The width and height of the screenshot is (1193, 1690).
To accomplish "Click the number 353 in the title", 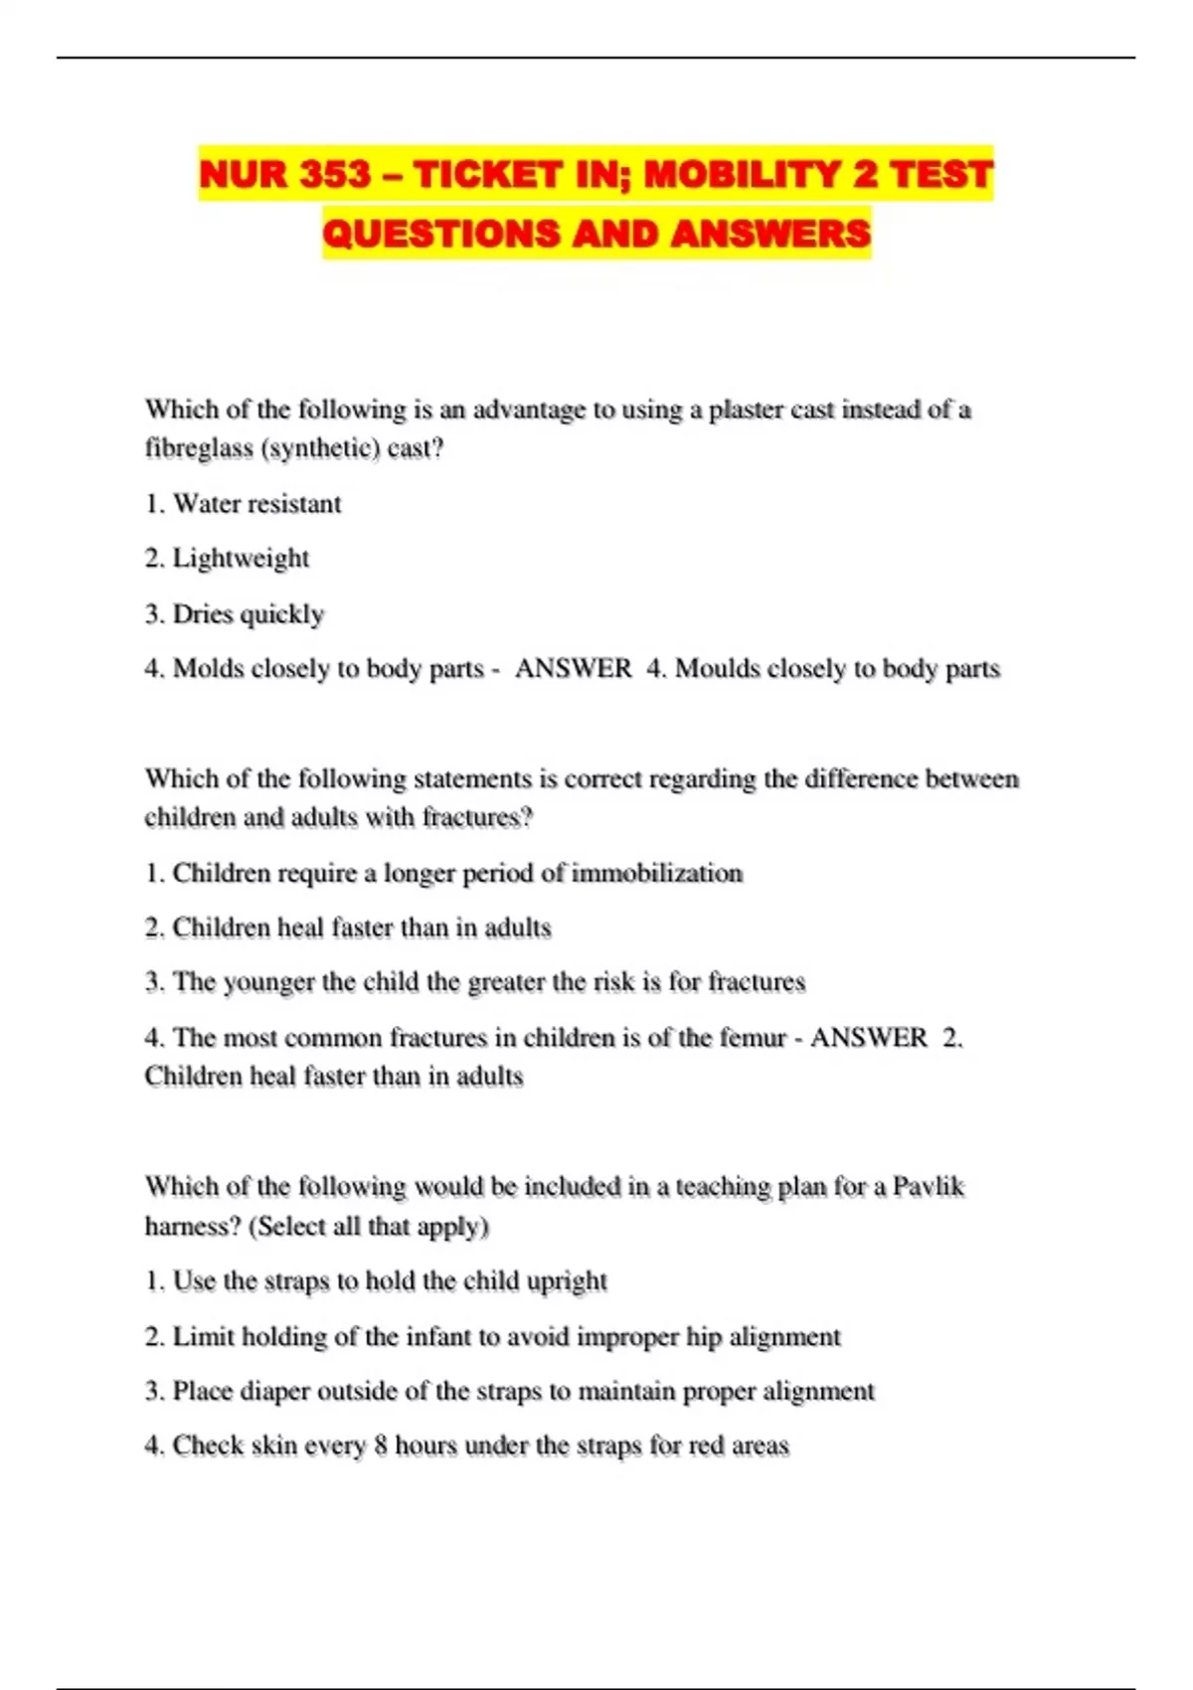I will click(x=335, y=174).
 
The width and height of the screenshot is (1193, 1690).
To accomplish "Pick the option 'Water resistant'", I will click(x=256, y=504).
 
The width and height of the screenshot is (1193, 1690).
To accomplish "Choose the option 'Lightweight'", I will click(x=241, y=559).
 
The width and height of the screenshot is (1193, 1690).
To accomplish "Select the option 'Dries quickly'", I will click(x=249, y=613).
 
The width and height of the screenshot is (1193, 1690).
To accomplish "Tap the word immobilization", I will click(x=657, y=873).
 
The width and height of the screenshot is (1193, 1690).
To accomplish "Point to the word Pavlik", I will click(x=929, y=1187).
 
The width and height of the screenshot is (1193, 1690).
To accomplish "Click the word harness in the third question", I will click(x=192, y=1227).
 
